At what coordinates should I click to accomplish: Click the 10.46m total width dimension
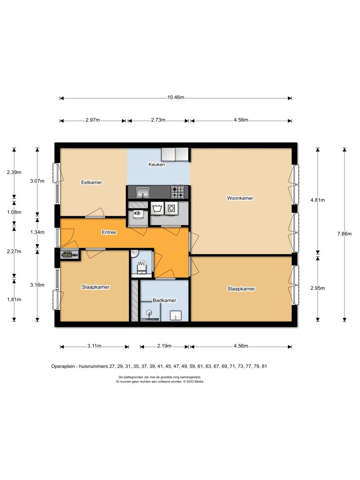[176, 98]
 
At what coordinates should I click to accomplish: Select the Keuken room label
[157, 165]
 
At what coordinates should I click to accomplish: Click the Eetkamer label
[91, 182]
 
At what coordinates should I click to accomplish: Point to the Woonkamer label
[240, 198]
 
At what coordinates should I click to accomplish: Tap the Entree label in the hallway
[109, 232]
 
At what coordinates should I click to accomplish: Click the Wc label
[142, 264]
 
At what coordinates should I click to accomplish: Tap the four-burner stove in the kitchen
[178, 192]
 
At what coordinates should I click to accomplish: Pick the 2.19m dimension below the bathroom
[164, 346]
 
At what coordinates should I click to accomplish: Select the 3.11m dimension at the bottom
[94, 346]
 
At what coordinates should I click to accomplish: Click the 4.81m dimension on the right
[318, 200]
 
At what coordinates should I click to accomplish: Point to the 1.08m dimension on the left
[14, 212]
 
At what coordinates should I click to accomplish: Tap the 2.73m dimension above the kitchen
[158, 120]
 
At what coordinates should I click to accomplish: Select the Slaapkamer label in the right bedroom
[241, 289]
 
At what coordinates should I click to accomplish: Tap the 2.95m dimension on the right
[318, 288]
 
